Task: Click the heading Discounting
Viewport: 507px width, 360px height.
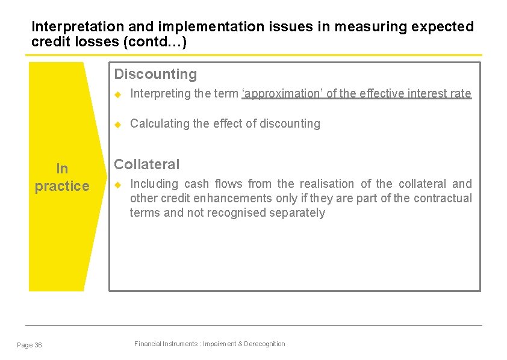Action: (155, 74)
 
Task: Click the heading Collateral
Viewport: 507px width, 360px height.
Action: (147, 164)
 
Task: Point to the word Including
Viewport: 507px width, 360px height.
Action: (155, 184)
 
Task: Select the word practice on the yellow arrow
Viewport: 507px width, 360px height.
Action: (61, 187)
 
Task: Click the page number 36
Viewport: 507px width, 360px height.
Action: (39, 345)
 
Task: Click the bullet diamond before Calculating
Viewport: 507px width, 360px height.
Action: (119, 123)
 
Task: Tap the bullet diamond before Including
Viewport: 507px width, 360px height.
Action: (119, 184)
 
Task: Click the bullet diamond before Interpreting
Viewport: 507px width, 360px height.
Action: (119, 93)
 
